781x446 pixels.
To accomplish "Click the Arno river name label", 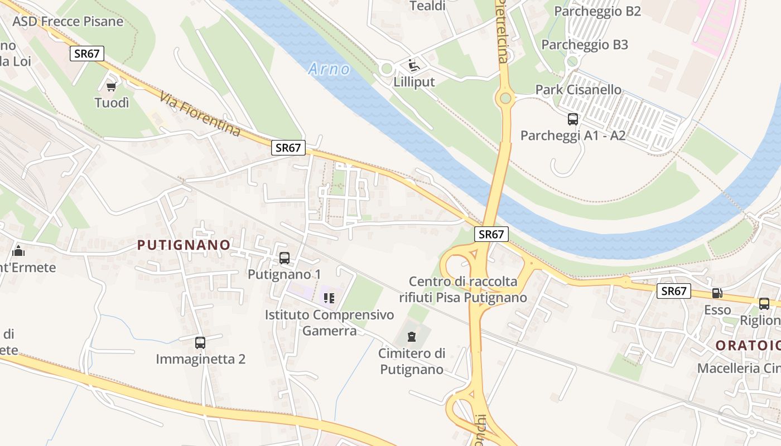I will pos(329,69).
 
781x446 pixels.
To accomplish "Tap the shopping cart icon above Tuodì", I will pos(111,86).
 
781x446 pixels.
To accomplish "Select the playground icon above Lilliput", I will pos(413,66).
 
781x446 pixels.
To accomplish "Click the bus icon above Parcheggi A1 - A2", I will pos(572,119).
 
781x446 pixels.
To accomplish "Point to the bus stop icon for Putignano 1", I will pos(284,258).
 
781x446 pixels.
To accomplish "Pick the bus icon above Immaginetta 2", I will pos(200,342).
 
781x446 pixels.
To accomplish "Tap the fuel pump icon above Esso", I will pos(717,293).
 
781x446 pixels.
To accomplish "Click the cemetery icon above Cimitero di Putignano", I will pos(412,337).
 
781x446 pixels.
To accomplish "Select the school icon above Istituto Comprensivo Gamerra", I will pos(329,298).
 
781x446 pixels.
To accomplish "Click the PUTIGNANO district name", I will pos(184,245).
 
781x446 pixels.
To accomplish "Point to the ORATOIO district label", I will pos(748,345).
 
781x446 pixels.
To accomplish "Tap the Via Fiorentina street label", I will pos(200,114).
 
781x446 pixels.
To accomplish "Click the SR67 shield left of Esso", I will pos(673,290).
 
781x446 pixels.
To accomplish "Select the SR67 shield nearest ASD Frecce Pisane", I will pos(87,54).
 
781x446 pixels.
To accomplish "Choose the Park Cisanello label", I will pos(578,90).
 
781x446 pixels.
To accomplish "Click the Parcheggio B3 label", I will pos(585,45).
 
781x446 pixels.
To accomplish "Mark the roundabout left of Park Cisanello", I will pos(505,99).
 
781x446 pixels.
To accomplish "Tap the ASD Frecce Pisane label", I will pos(68,22).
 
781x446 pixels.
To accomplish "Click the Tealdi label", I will pos(427,6).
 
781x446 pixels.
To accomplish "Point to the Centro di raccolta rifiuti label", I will pos(462,289).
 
